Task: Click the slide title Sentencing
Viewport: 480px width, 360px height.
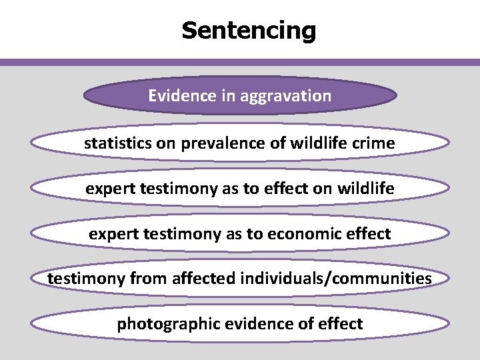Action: click(x=249, y=30)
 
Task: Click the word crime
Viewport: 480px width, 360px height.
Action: click(x=373, y=143)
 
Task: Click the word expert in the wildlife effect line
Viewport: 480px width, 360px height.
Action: click(x=110, y=189)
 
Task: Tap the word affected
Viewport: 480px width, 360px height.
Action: click(x=200, y=278)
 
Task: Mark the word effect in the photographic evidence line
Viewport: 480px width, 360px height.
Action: click(x=340, y=324)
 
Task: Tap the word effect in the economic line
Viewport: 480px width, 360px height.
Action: click(x=368, y=234)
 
